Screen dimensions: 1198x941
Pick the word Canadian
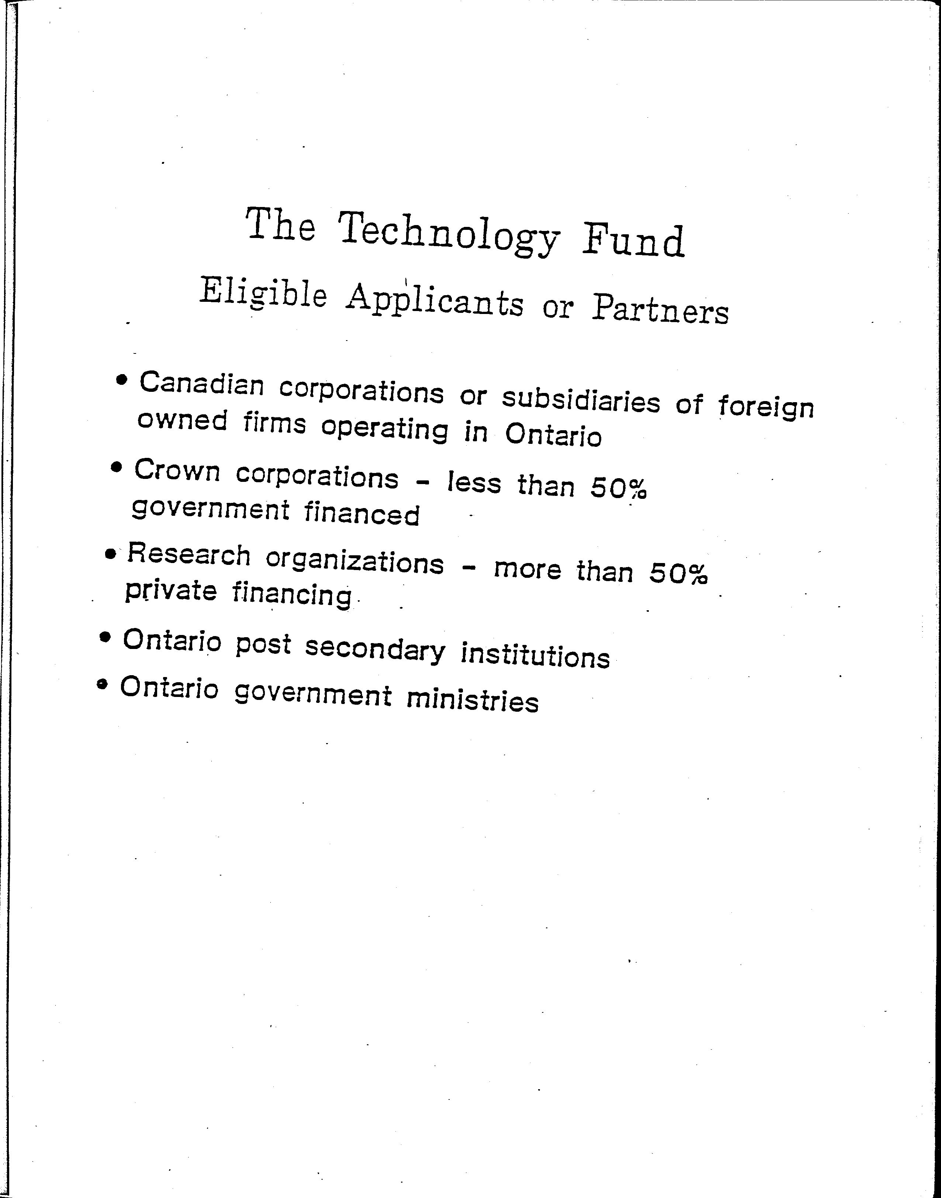(202, 384)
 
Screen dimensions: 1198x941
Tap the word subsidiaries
(581, 400)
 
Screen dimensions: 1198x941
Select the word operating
(385, 429)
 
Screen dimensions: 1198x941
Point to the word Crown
(177, 471)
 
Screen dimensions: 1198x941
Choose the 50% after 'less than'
(618, 487)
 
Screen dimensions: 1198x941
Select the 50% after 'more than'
(678, 573)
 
